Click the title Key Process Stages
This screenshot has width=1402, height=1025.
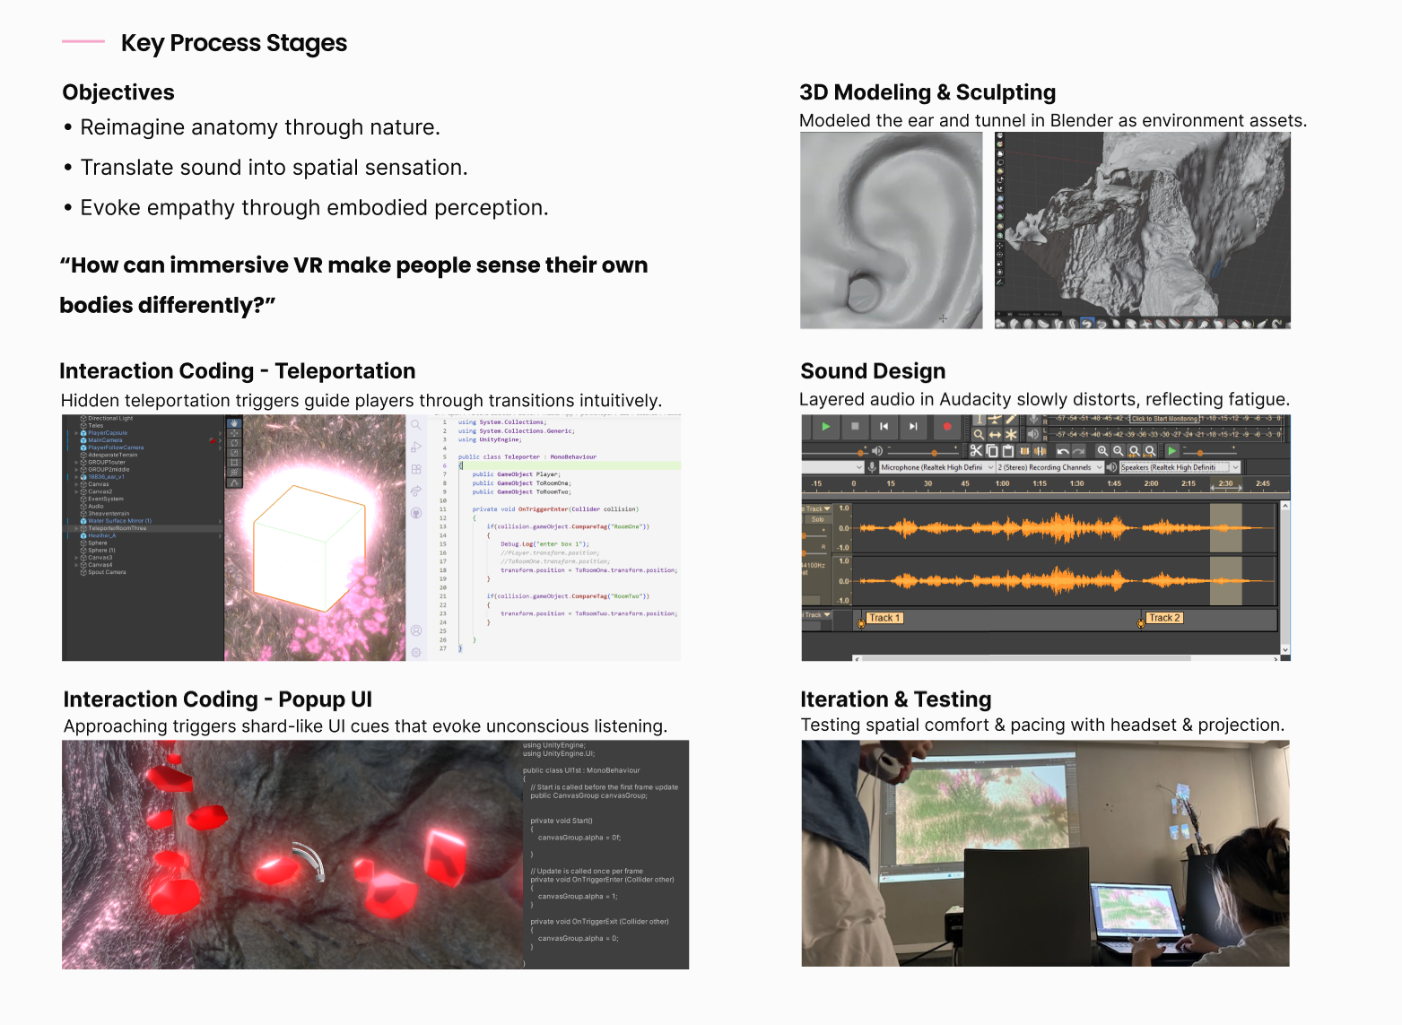click(233, 43)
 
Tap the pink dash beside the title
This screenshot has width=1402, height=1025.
click(83, 41)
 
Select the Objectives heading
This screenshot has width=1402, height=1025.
click(118, 92)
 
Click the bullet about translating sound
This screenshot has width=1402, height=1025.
click(274, 168)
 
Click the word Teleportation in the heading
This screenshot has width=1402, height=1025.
click(345, 371)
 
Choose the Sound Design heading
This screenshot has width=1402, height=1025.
click(873, 371)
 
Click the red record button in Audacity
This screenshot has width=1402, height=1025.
click(946, 427)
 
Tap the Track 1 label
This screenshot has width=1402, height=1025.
click(884, 618)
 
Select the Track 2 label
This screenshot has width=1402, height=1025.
click(1164, 618)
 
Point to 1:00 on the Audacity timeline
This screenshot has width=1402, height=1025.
click(1002, 483)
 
